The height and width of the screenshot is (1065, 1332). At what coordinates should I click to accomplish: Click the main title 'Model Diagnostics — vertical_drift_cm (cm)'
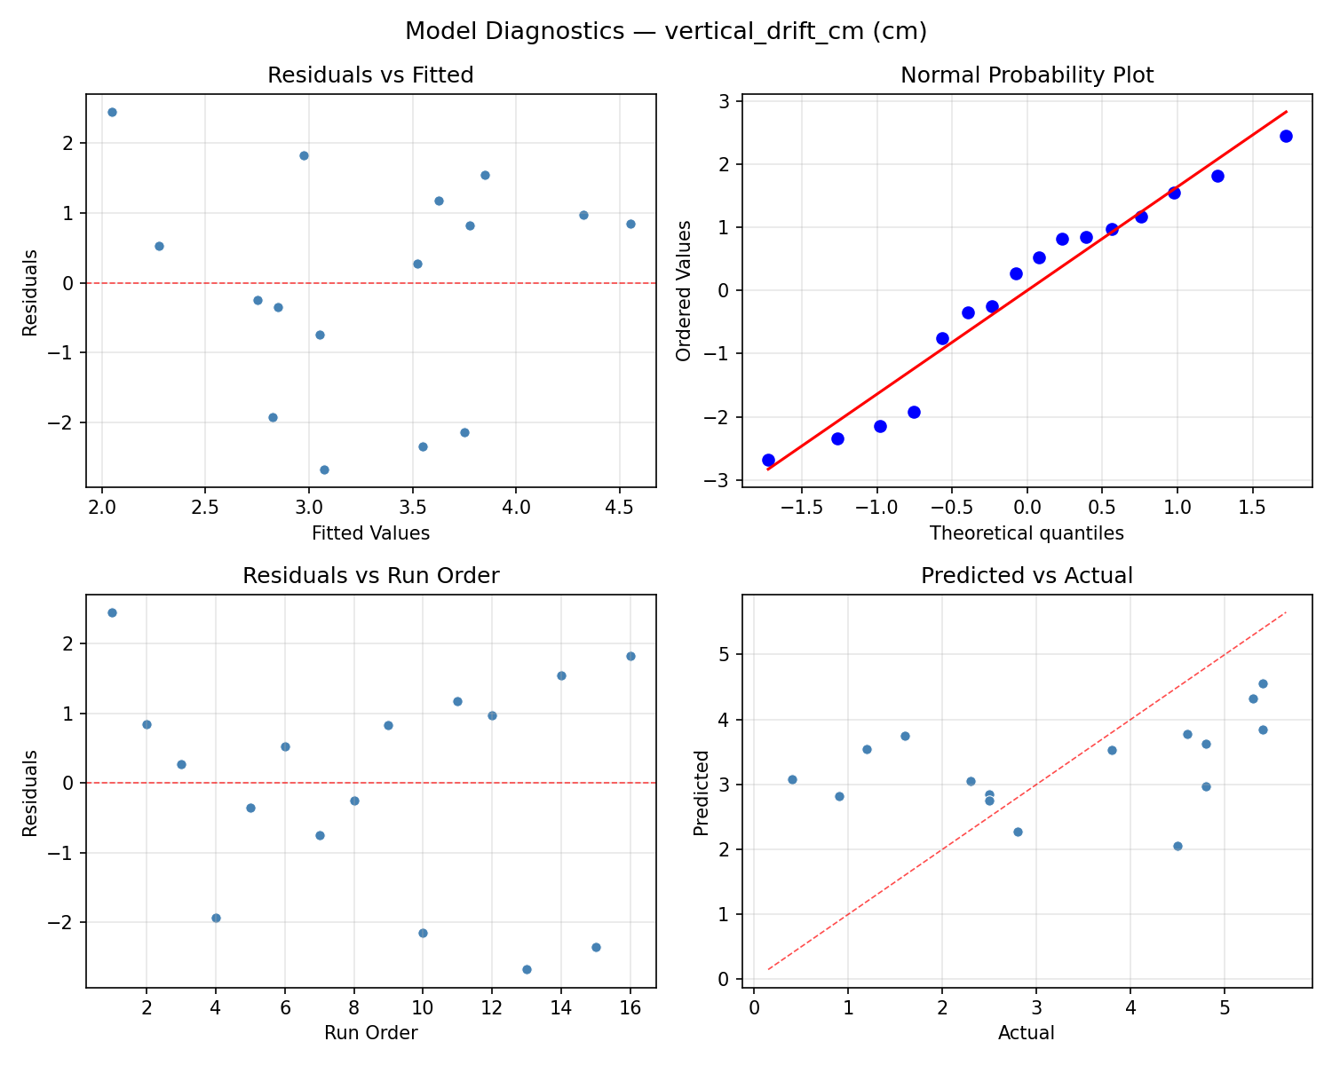pyautogui.click(x=666, y=31)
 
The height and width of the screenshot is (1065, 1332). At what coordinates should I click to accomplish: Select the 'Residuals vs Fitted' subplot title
pyautogui.click(x=370, y=75)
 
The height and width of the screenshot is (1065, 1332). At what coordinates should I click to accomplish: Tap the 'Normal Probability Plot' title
pyautogui.click(x=1027, y=75)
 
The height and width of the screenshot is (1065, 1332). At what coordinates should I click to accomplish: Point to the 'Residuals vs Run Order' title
pyautogui.click(x=370, y=576)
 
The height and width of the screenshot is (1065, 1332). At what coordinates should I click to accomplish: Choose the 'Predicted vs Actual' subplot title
pyautogui.click(x=1027, y=576)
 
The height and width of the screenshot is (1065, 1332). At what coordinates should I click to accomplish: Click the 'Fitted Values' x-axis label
pyautogui.click(x=370, y=533)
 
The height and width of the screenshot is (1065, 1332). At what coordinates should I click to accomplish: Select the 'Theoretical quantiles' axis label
pyautogui.click(x=1027, y=533)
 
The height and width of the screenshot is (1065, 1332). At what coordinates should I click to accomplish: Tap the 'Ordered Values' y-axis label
pyautogui.click(x=683, y=290)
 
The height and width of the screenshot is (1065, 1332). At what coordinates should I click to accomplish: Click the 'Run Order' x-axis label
pyautogui.click(x=370, y=1033)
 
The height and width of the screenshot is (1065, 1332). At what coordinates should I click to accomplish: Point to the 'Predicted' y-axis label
pyautogui.click(x=702, y=793)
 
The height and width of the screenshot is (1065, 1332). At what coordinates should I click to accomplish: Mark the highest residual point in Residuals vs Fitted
pyautogui.click(x=112, y=112)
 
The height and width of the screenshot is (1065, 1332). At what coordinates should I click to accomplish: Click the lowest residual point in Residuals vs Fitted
pyautogui.click(x=324, y=469)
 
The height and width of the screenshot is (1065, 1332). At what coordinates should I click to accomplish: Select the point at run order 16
pyautogui.click(x=630, y=656)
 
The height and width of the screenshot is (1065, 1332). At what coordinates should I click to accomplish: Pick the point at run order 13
pyautogui.click(x=527, y=969)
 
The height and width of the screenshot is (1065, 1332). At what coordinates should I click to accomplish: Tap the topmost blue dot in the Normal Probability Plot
pyautogui.click(x=1286, y=136)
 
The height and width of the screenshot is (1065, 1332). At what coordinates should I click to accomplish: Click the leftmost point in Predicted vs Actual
pyautogui.click(x=792, y=779)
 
